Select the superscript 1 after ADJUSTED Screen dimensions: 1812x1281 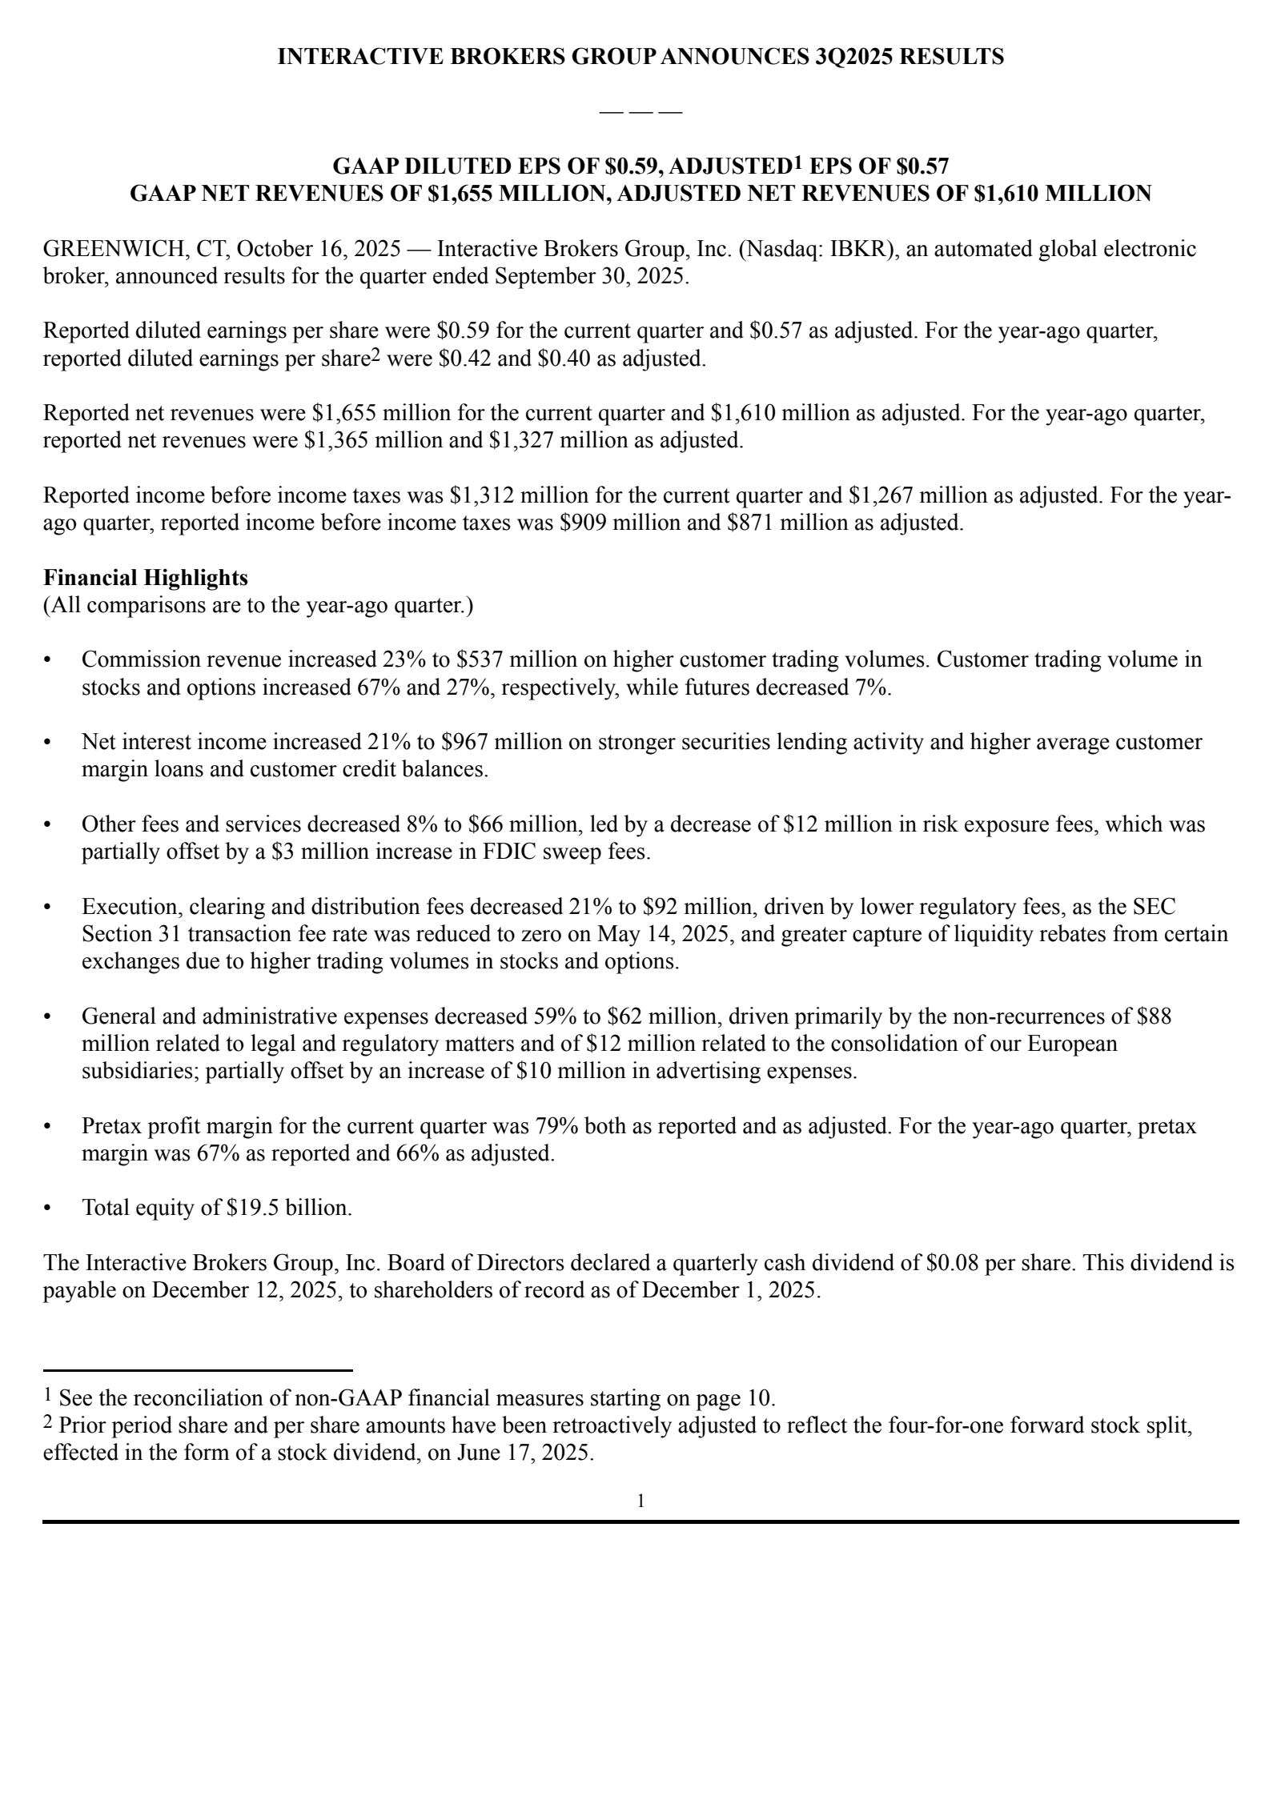point(797,162)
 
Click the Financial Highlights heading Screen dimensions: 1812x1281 point(146,577)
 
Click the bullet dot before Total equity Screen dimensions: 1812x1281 point(47,1208)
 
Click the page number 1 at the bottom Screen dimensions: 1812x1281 point(640,1501)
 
